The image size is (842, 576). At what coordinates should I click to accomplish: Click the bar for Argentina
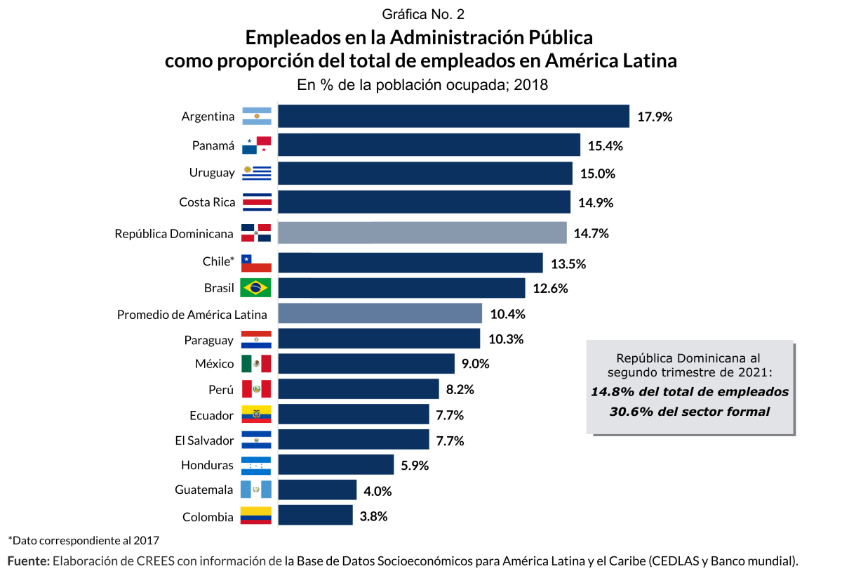[x=453, y=116]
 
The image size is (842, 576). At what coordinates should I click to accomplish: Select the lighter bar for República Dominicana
[x=422, y=233]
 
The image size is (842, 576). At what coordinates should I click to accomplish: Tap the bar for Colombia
[x=316, y=515]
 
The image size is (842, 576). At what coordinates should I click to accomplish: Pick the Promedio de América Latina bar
[x=380, y=313]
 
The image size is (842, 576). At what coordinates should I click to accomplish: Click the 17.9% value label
[x=655, y=117]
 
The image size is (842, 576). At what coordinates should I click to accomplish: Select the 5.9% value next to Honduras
[x=414, y=465]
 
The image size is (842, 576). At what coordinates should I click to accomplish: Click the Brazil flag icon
[x=256, y=287]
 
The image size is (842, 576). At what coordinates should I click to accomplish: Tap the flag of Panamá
[x=256, y=145]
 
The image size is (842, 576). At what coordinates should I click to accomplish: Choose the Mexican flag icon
[x=256, y=363]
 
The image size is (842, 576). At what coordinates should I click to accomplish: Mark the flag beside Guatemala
[x=256, y=490]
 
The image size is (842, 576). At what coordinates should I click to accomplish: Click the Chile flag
[x=256, y=263]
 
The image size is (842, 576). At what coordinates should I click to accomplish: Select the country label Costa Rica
[x=207, y=202]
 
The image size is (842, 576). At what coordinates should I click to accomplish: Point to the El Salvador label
[x=204, y=440]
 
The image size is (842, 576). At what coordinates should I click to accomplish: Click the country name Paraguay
[x=208, y=340]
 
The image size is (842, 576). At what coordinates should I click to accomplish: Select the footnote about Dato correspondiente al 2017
[x=83, y=540]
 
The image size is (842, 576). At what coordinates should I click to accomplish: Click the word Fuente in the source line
[x=28, y=561]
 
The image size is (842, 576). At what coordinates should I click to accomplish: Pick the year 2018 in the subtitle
[x=530, y=85]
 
